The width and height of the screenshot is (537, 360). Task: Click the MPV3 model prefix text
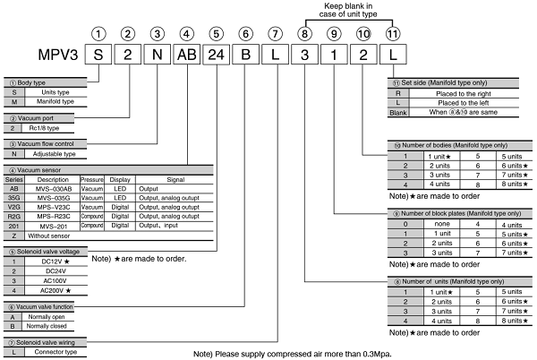click(x=55, y=56)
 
